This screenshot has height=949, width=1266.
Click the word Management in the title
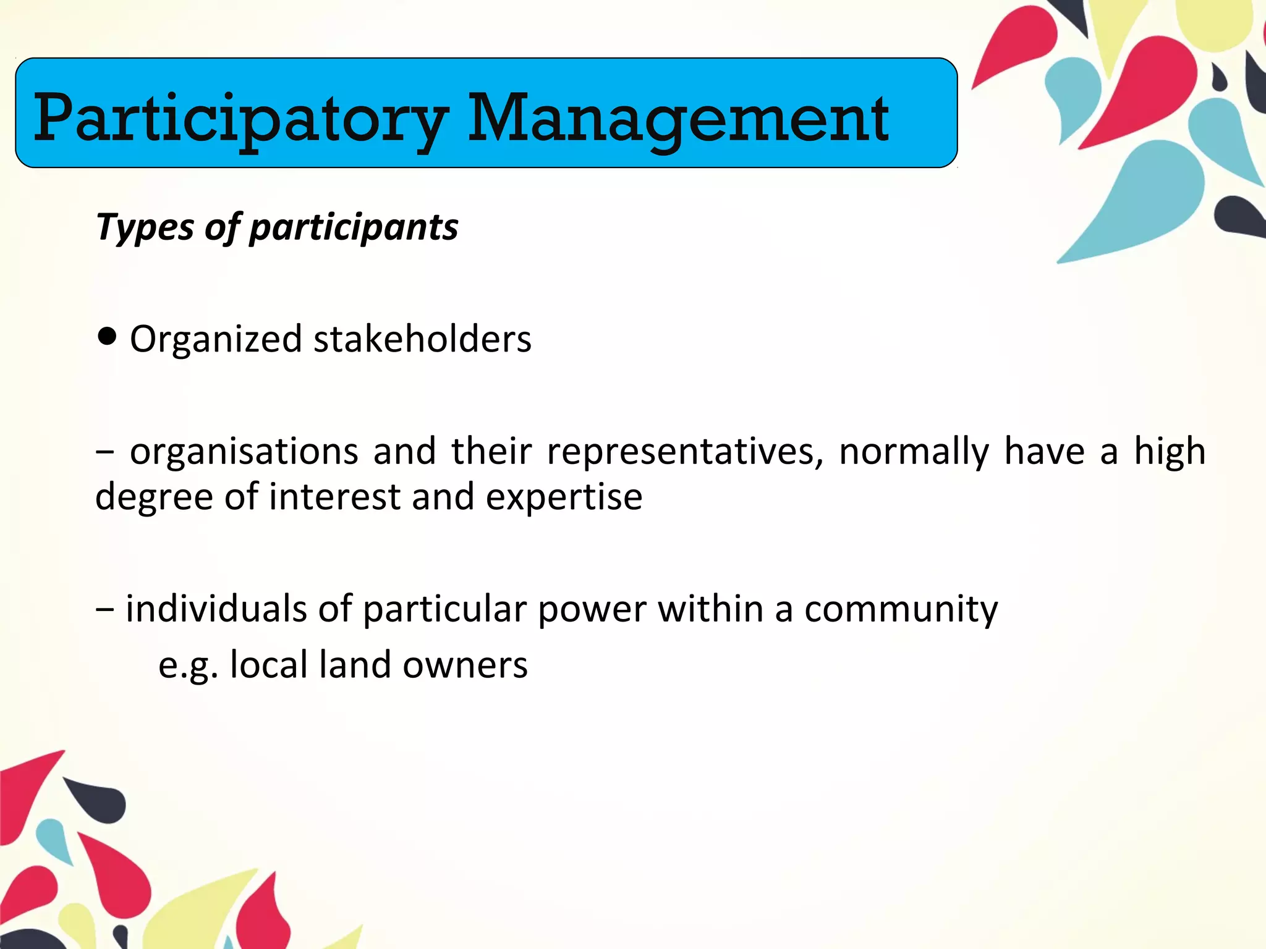(x=678, y=119)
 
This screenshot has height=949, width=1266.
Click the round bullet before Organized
(x=107, y=337)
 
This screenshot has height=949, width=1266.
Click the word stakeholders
(x=422, y=339)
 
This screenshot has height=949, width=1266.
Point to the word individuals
(x=216, y=609)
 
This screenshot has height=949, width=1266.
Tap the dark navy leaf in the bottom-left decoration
(x=102, y=800)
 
